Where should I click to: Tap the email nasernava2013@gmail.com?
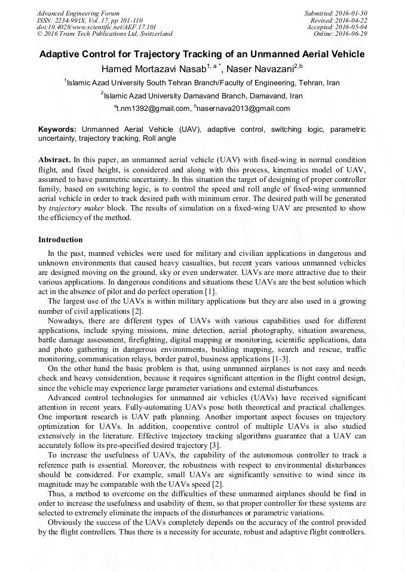244,109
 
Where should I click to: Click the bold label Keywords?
57,129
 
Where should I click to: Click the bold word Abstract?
54,161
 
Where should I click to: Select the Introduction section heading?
60,240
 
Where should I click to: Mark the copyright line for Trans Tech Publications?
105,34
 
